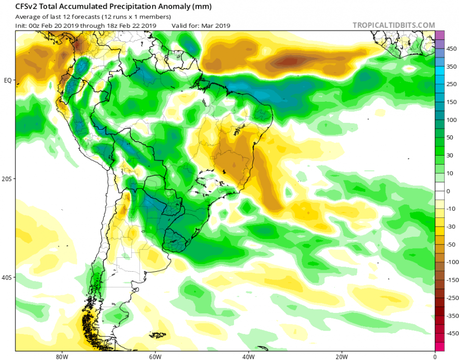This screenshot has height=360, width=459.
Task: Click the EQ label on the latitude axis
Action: [7, 80]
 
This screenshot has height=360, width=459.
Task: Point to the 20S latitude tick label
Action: [7, 179]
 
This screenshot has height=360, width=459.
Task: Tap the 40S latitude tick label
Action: [7, 277]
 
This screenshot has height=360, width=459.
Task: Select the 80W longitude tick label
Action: [60, 356]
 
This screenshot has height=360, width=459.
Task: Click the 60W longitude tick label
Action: [154, 356]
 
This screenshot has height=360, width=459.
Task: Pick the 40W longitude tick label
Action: [247, 356]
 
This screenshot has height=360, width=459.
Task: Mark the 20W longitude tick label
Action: [341, 356]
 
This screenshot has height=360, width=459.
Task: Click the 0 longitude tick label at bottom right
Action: [435, 356]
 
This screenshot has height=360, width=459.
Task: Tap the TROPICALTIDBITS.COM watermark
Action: [394, 25]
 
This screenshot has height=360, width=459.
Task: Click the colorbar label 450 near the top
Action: [451, 48]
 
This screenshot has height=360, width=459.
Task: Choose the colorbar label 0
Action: [448, 191]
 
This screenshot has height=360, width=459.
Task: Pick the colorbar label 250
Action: [451, 84]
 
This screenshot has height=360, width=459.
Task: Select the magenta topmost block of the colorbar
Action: [439, 35]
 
